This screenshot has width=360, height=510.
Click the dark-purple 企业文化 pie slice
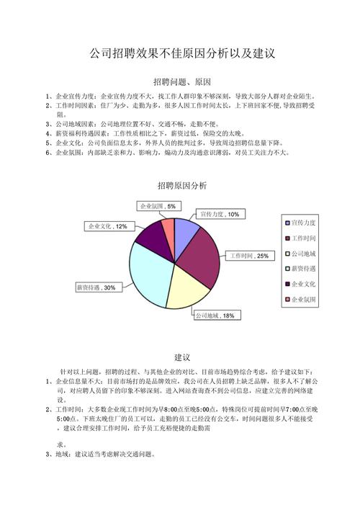(x=152, y=234)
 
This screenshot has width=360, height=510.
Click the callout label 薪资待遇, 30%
(x=96, y=287)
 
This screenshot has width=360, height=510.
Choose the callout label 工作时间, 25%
(x=249, y=256)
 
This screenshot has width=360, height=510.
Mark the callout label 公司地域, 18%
(x=215, y=316)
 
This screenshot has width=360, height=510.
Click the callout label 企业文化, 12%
(x=108, y=226)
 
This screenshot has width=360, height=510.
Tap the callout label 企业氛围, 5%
(x=157, y=207)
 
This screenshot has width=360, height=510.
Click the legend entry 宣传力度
(x=307, y=223)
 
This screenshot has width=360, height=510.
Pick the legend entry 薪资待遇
(x=307, y=269)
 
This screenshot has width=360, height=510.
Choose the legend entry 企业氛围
(x=307, y=299)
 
